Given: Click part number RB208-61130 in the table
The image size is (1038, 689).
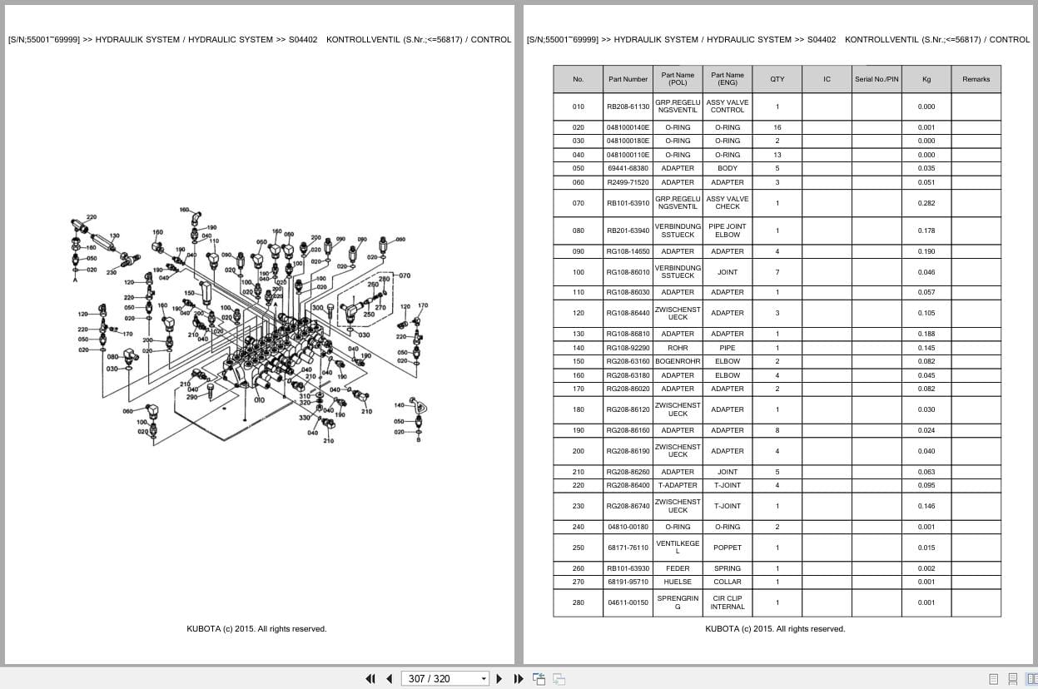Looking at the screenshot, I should click(x=628, y=107).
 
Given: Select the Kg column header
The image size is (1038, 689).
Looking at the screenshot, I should click(x=926, y=79).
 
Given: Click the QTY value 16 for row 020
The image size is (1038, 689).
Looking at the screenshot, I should click(x=777, y=127).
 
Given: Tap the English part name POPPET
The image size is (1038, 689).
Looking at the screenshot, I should click(x=727, y=548).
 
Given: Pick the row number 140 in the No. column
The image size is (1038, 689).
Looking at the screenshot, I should click(x=578, y=348).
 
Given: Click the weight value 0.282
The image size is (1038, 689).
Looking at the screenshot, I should click(x=926, y=203).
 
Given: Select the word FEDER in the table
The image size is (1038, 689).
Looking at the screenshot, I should click(x=678, y=568).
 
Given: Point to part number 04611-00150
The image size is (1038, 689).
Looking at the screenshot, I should click(x=628, y=602).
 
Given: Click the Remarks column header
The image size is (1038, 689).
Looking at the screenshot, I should click(x=976, y=79).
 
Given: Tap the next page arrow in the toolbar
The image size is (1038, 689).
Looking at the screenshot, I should click(x=499, y=678).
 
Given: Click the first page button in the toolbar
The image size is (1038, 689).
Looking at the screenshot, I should click(x=370, y=678).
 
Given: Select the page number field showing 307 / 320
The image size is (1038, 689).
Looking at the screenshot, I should click(x=445, y=678).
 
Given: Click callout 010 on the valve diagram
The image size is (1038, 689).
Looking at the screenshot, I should click(x=259, y=400).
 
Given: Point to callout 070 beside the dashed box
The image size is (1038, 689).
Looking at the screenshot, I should click(x=405, y=275).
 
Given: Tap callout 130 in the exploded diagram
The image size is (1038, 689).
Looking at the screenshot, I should click(x=113, y=236).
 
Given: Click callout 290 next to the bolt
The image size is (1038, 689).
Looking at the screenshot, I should click(x=191, y=397).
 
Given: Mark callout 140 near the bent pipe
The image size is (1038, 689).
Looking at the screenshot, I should click(x=399, y=405).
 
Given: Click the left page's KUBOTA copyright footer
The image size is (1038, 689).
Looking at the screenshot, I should click(x=256, y=629).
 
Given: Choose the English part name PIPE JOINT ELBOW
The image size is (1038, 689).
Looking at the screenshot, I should click(x=727, y=230).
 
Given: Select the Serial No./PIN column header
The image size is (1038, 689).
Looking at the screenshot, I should click(x=876, y=79).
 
